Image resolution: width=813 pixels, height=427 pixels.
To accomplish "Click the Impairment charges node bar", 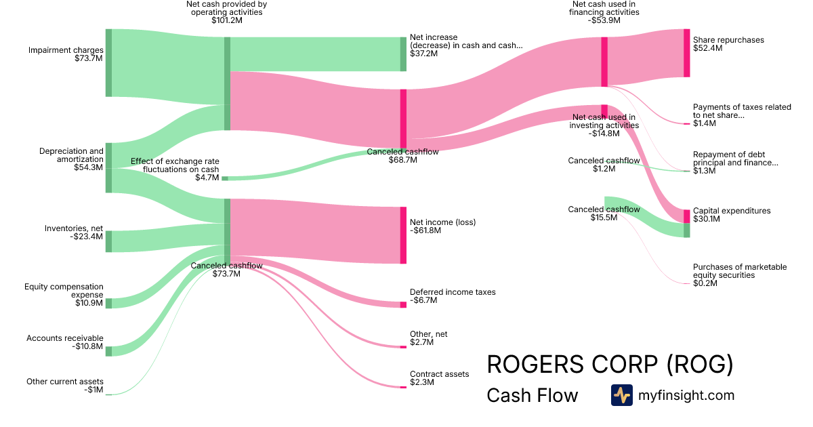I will click(x=108, y=63).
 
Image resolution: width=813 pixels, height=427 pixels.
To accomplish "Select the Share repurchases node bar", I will click(x=686, y=53).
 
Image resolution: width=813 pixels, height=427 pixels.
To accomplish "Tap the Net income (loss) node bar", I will click(x=403, y=235).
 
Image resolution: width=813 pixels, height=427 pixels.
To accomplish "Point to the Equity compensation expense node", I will click(x=108, y=303).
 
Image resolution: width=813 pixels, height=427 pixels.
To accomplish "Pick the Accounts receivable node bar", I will click(x=108, y=350).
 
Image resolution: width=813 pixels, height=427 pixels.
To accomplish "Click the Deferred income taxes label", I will click(x=453, y=292).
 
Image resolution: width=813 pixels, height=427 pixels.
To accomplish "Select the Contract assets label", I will click(x=439, y=374).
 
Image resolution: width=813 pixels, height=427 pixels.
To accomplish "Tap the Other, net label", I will click(x=429, y=334).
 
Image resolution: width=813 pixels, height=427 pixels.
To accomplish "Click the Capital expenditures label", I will click(x=732, y=211).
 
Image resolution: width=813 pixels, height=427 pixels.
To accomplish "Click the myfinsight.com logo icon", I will click(x=622, y=395).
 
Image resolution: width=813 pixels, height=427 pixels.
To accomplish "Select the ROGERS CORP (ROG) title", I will click(x=610, y=365).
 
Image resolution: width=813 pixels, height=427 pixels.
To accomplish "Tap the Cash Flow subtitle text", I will click(x=533, y=395).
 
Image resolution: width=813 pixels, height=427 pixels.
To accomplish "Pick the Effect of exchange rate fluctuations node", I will click(x=225, y=178).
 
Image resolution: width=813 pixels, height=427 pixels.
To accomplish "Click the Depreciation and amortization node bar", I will click(x=108, y=167).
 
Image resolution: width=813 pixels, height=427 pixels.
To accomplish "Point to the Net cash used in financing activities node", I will click(x=604, y=62).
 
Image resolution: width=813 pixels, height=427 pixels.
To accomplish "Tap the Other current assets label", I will click(x=65, y=382).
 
